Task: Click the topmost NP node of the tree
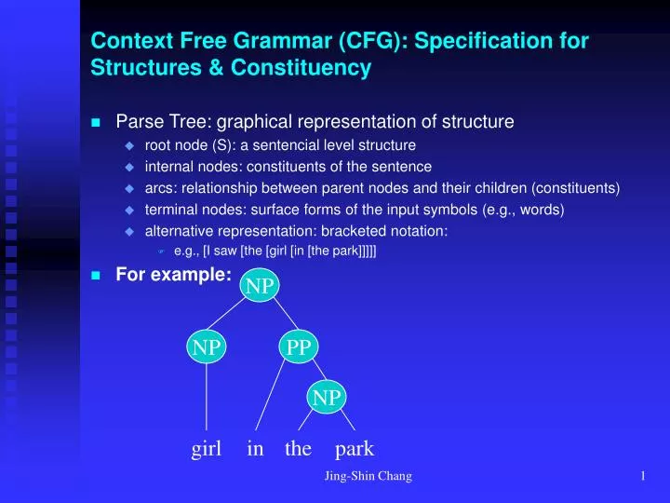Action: pyautogui.click(x=260, y=286)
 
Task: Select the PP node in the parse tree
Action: pyautogui.click(x=298, y=347)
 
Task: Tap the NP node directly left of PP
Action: pyautogui.click(x=207, y=347)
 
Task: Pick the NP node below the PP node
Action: pyautogui.click(x=326, y=398)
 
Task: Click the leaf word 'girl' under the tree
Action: pyautogui.click(x=206, y=449)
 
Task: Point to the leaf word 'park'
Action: pyautogui.click(x=354, y=449)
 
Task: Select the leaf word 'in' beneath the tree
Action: pyautogui.click(x=255, y=449)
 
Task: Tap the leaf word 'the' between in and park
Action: pyautogui.click(x=298, y=449)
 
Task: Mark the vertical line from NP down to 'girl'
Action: pyautogui.click(x=207, y=397)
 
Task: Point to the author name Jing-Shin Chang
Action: pyautogui.click(x=368, y=477)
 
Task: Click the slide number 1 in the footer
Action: pyautogui.click(x=643, y=477)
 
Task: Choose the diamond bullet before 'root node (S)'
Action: pyautogui.click(x=130, y=145)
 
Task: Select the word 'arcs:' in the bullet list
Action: pyautogui.click(x=160, y=188)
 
